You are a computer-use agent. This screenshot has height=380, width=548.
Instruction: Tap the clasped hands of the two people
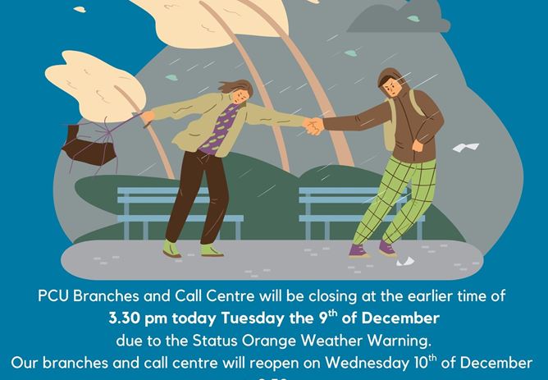click(x=314, y=126)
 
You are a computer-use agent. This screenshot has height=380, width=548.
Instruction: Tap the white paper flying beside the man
click(x=465, y=149)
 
